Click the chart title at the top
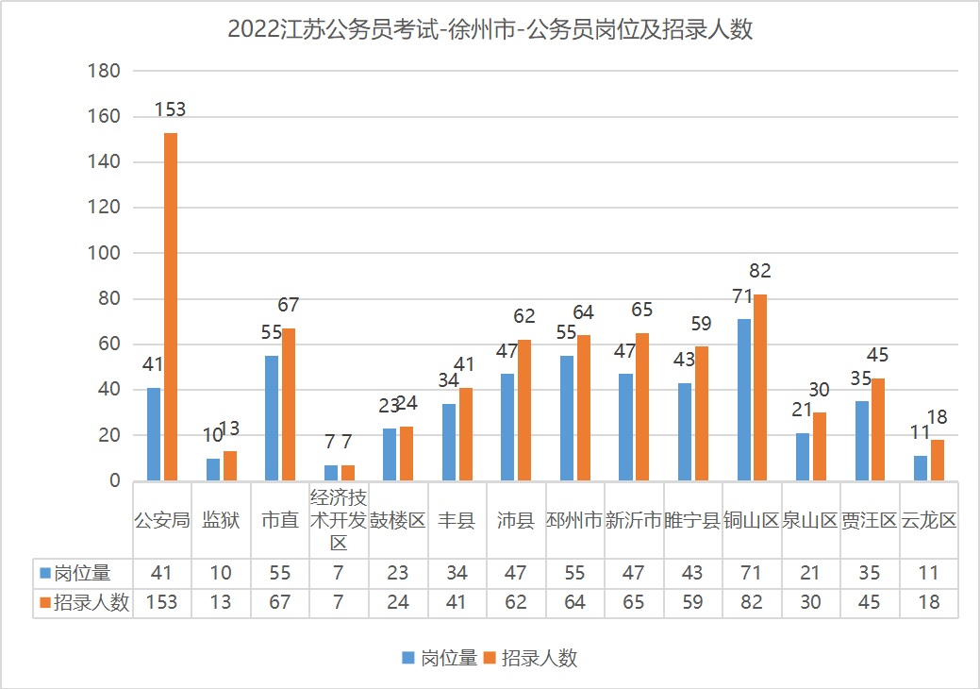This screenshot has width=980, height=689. pos(490,30)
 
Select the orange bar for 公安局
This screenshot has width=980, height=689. pos(171,307)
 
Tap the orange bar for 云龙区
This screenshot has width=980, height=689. pos(938,461)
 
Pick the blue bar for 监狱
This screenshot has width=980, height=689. pos(213,470)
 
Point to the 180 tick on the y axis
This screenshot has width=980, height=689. pos(104,71)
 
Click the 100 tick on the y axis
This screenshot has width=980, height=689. pos(104,253)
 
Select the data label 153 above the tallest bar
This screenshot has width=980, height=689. pos(170,109)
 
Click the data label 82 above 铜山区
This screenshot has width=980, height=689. pos(760,272)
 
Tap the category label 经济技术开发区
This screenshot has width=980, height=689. pos(339,520)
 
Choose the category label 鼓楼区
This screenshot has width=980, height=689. pos(397,520)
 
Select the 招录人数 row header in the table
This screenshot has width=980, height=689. pos(82,603)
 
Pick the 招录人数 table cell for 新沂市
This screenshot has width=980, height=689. pos(634,603)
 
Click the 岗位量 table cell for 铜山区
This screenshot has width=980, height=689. pos(752,573)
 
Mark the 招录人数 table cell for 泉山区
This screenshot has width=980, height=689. pos(811,603)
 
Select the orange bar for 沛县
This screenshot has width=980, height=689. pos(524,411)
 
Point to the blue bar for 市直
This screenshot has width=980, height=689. pos(272,418)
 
